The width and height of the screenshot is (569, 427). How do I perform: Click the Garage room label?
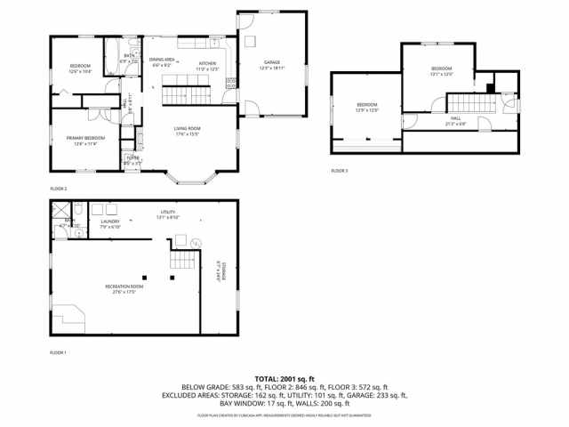pyautogui.click(x=271, y=65)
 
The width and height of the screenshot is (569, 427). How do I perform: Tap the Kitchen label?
pyautogui.click(x=207, y=65)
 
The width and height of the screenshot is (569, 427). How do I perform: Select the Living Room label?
pyautogui.click(x=187, y=131)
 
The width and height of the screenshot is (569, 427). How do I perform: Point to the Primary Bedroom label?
pyautogui.click(x=85, y=140)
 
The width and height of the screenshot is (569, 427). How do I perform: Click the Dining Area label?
pyautogui.click(x=162, y=61)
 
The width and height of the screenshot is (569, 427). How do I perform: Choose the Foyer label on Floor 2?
pyautogui.click(x=132, y=161)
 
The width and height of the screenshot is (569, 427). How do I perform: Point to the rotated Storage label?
pyautogui.click(x=221, y=270)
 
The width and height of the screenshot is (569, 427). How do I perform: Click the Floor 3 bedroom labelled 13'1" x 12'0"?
pyautogui.click(x=442, y=71)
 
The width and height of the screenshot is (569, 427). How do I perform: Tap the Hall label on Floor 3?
pyautogui.click(x=455, y=121)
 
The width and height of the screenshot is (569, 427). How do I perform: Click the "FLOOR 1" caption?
pyautogui.click(x=59, y=353)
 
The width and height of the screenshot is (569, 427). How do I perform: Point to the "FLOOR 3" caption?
pyautogui.click(x=340, y=170)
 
